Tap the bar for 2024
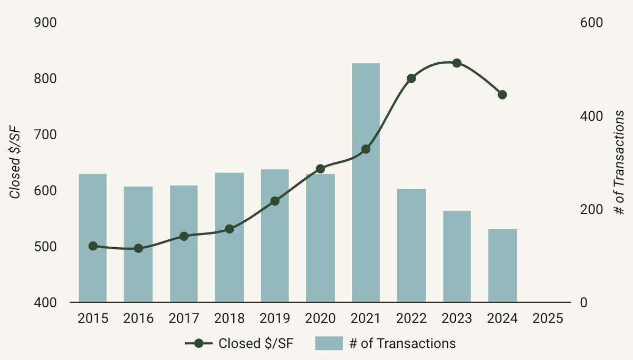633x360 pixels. [x=502, y=266]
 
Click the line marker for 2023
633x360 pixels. [x=457, y=63]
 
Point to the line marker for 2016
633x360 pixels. [x=139, y=248]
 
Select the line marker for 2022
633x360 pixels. [x=411, y=79]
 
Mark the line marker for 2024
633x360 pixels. [x=502, y=95]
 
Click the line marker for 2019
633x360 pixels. [x=275, y=201]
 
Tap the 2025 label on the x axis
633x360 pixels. [x=548, y=319]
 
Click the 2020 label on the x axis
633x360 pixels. [x=320, y=319]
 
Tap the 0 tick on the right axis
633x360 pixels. [x=583, y=303]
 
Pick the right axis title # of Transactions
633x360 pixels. [x=620, y=163]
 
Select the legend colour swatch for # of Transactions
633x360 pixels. [x=329, y=344]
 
